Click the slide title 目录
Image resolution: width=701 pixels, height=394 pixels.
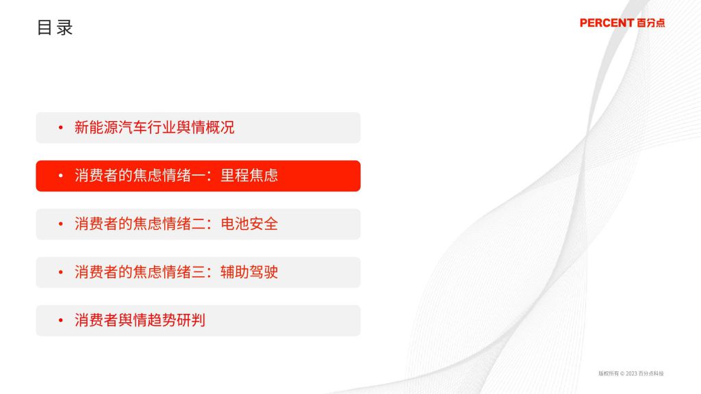point(55,27)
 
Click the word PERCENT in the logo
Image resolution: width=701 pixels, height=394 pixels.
point(607,23)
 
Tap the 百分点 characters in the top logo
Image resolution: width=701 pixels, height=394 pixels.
point(651,23)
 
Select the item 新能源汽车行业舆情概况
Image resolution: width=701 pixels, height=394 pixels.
point(154,127)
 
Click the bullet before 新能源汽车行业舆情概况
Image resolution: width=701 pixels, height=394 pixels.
point(61,128)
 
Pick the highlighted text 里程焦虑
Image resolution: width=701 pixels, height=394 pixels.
point(249,176)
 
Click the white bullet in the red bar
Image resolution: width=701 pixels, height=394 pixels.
point(61,176)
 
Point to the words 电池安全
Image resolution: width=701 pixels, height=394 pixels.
point(249,224)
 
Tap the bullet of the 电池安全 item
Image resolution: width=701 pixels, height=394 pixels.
point(61,224)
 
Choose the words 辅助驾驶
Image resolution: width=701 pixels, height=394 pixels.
point(249,272)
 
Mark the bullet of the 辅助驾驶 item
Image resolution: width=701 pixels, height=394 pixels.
point(61,272)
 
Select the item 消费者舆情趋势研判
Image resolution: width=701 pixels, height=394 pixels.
point(140,320)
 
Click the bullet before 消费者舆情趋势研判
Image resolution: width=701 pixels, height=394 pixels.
point(61,321)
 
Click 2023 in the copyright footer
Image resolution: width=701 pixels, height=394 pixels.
point(631,373)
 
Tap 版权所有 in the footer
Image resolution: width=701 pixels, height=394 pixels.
point(609,373)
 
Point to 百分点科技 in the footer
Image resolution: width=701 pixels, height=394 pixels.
point(652,373)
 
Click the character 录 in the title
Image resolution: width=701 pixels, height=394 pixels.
point(64,27)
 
